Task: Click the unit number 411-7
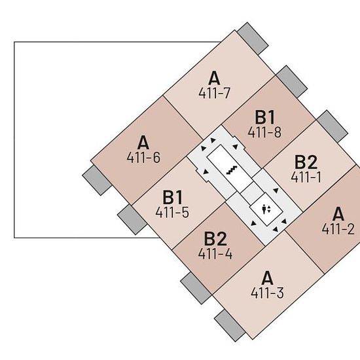214,93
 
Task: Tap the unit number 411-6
143,158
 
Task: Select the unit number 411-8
264,132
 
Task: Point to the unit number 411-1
306,177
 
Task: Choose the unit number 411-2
338,229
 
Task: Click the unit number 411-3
267,293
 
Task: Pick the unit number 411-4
215,254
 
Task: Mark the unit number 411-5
172,212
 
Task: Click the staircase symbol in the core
232,170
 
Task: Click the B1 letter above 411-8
264,117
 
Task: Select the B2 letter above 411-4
215,239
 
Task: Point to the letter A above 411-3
267,278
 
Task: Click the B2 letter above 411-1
306,162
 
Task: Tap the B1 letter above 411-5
172,197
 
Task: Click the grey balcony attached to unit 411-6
97,181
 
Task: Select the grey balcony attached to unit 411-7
253,39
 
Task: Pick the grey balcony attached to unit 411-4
196,288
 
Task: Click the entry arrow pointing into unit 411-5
206,171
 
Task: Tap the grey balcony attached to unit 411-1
332,126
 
